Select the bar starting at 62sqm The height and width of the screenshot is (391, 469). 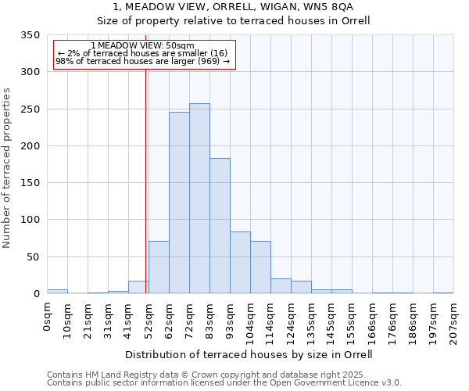179,203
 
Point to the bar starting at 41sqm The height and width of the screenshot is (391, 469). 138,287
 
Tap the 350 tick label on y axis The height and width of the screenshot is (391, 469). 30,35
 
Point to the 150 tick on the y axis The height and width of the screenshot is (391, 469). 30,183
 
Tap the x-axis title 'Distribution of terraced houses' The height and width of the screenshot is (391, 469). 249,354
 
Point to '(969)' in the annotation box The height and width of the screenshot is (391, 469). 208,61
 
